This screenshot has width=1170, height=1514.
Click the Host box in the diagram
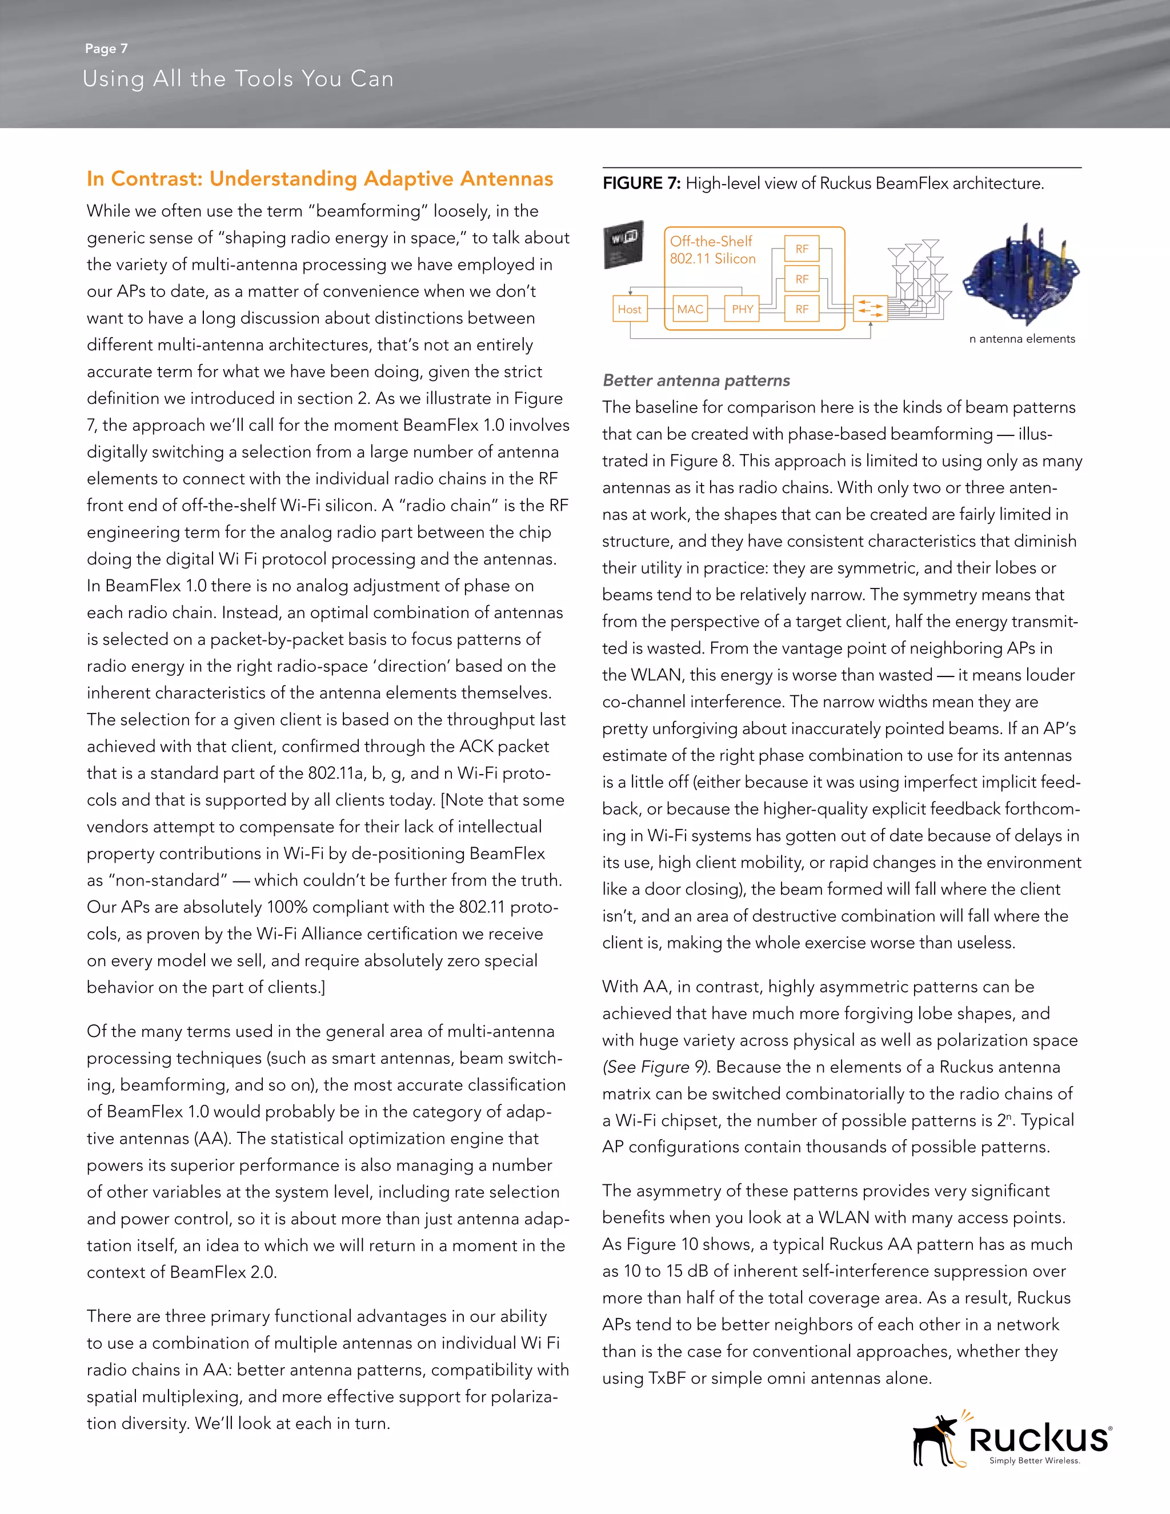pos(630,309)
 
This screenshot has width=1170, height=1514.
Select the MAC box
pos(690,309)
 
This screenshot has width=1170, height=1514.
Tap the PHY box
pos(742,309)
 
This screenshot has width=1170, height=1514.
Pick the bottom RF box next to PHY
pos(802,309)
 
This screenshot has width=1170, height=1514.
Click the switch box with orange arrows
pos(871,309)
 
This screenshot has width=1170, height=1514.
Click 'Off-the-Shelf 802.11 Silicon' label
pos(712,250)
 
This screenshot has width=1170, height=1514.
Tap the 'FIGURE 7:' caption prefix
pos(642,184)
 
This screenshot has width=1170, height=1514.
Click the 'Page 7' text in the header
pos(106,49)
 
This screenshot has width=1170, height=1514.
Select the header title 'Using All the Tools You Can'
pos(238,79)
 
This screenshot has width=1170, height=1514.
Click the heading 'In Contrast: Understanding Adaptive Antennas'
pos(319,179)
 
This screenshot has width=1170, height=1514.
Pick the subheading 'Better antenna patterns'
pos(696,380)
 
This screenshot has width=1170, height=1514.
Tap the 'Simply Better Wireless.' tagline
pos(1034,1461)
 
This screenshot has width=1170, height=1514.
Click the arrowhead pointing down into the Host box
pos(630,293)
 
